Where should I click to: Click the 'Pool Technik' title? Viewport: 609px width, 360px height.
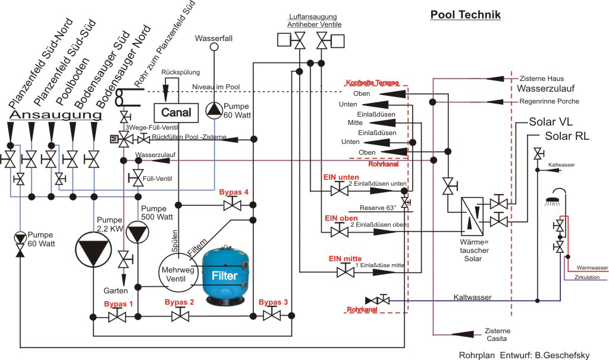click(466, 15)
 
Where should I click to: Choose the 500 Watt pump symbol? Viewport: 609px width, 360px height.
click(139, 232)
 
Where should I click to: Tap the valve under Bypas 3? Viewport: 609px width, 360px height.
click(272, 315)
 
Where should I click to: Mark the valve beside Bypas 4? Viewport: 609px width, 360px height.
click(231, 205)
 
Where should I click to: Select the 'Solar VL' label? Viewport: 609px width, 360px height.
click(551, 122)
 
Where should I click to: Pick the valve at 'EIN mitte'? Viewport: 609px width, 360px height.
click(343, 272)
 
